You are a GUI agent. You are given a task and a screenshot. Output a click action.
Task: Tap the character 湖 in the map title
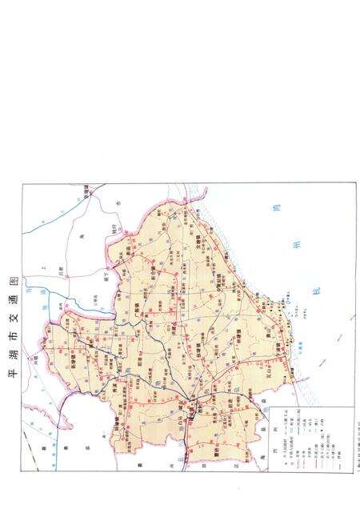[x=11, y=357]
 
